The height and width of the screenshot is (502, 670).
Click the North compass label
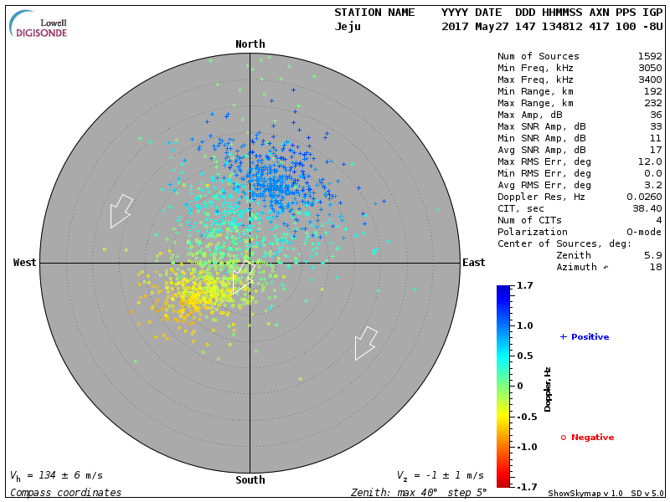tap(250, 44)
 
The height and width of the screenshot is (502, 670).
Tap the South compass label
tap(250, 480)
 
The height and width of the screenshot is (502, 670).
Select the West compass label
tap(24, 263)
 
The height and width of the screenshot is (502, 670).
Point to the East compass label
tap(473, 263)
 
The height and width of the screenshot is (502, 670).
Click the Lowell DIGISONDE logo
tap(39, 23)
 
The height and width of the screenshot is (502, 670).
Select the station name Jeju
tap(348, 26)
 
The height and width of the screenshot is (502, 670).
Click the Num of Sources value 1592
tap(649, 56)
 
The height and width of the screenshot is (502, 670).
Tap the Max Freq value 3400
tap(649, 79)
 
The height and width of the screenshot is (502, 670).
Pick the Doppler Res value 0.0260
tap(643, 197)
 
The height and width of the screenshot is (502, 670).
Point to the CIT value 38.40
tap(646, 208)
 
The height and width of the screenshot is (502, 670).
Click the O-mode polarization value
tap(641, 232)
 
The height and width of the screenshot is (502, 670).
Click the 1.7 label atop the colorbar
tap(526, 286)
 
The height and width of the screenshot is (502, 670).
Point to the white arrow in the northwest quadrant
tap(121, 210)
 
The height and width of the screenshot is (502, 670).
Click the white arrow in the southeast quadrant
tap(365, 342)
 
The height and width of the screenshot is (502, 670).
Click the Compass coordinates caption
tap(65, 493)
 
